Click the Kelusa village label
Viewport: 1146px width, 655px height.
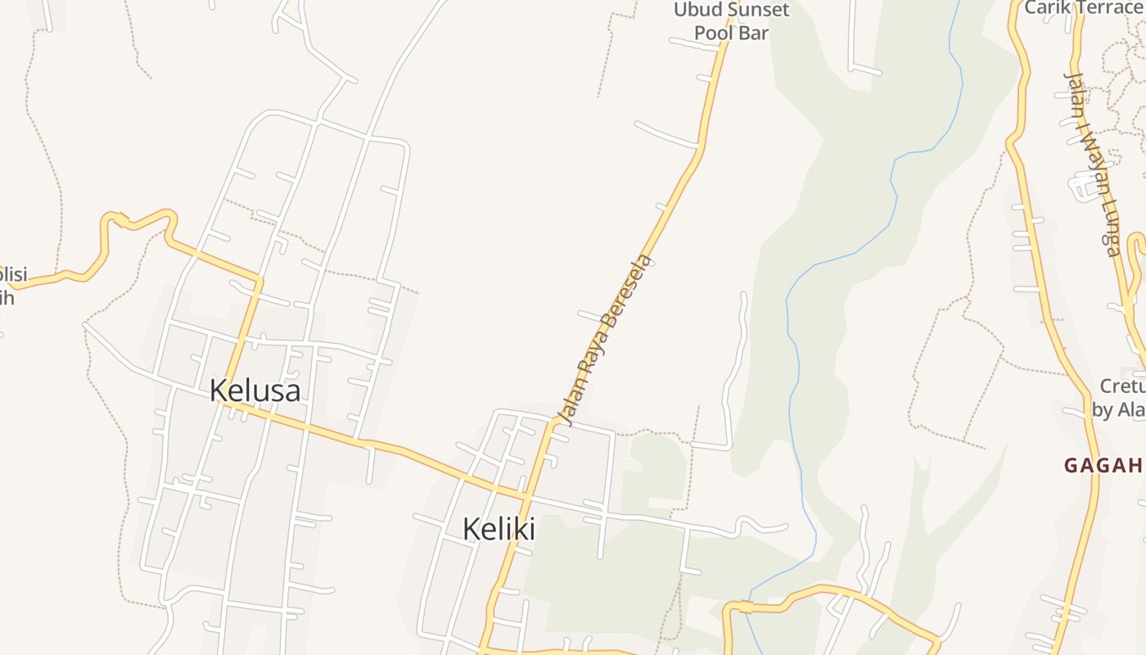point(255,391)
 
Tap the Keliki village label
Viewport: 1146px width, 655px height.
point(499,529)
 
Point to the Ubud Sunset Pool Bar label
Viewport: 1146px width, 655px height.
point(731,21)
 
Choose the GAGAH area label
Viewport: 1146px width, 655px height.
point(1103,466)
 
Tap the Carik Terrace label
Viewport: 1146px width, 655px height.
point(1083,7)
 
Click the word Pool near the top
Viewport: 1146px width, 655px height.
point(711,33)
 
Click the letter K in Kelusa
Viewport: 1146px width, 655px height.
point(218,391)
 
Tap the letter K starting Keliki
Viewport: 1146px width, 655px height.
point(471,529)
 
